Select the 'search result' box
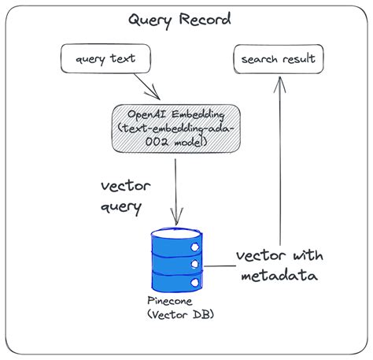[x=277, y=58]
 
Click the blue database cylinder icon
[x=177, y=259]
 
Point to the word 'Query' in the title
[x=151, y=20]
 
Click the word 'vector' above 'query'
[x=124, y=187]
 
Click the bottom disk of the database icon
[x=177, y=282]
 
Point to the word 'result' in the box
[x=300, y=58]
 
